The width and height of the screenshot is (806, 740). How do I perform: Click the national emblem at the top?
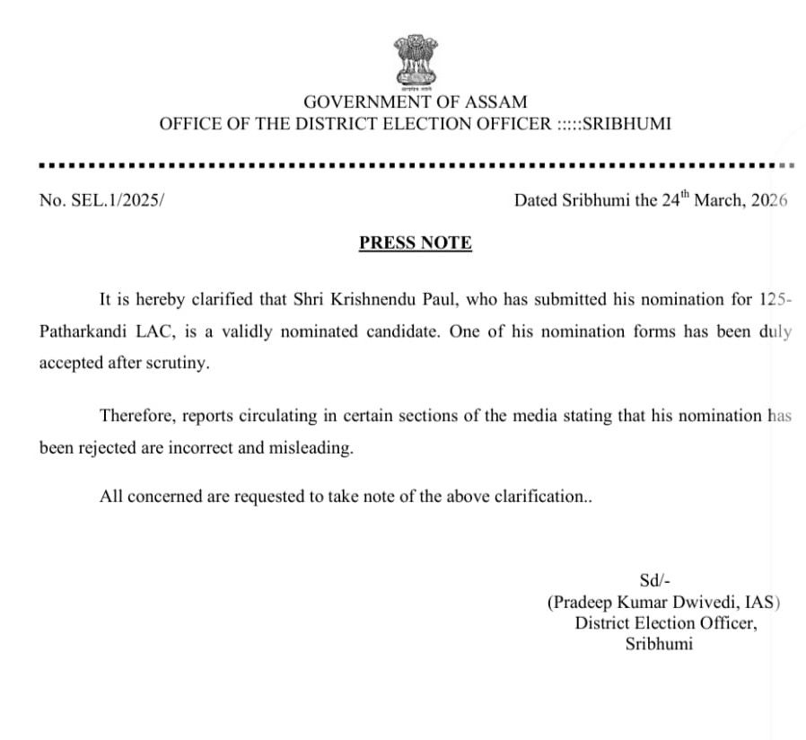415,63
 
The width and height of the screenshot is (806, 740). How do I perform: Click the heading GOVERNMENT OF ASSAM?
415,102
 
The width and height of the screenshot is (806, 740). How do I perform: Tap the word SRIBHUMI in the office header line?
626,124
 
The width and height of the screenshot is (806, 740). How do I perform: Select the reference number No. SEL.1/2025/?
102,200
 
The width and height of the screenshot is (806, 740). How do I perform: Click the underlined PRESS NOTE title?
415,242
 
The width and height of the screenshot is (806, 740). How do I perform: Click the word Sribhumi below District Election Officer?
659,645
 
